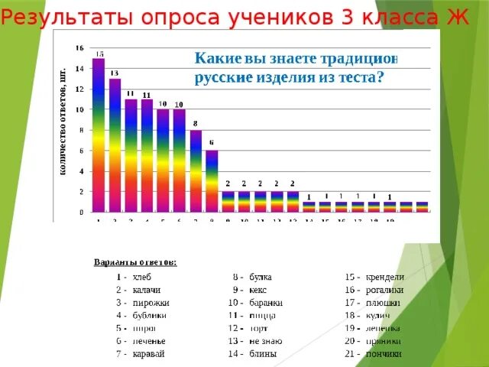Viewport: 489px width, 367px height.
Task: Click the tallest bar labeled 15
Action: pos(99,138)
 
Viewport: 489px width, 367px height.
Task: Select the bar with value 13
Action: pos(115,145)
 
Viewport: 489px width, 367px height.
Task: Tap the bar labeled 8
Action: pos(196,172)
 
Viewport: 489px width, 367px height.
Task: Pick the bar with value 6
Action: pos(212,183)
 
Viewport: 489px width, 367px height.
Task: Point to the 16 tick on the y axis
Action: pos(79,48)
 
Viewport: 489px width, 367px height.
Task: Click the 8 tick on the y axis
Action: pos(79,130)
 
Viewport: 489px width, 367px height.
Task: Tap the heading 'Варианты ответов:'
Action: pos(135,262)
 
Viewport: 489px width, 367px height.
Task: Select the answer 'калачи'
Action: pos(147,290)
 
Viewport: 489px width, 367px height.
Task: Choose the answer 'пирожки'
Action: pos(151,303)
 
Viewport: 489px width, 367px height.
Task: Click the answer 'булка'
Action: pos(261,276)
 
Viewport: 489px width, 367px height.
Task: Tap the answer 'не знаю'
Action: pos(267,340)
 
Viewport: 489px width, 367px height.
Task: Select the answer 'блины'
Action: pos(262,353)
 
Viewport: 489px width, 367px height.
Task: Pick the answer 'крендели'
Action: pos(385,276)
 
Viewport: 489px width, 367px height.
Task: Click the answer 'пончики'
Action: pos(384,353)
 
